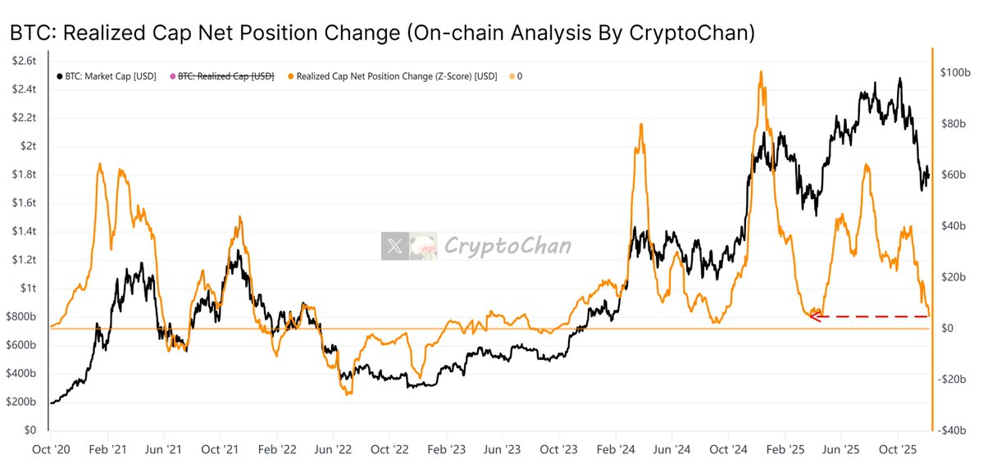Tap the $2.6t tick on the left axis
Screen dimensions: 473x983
point(25,61)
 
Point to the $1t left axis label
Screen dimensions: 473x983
point(29,289)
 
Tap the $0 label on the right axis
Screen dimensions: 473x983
point(947,329)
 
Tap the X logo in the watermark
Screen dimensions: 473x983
point(394,245)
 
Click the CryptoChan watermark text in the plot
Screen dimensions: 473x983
point(507,245)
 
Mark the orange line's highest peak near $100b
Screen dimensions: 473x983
point(762,72)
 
